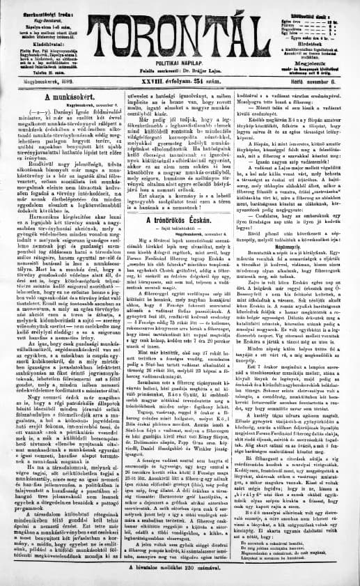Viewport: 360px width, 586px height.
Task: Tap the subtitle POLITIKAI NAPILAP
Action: pos(179,62)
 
